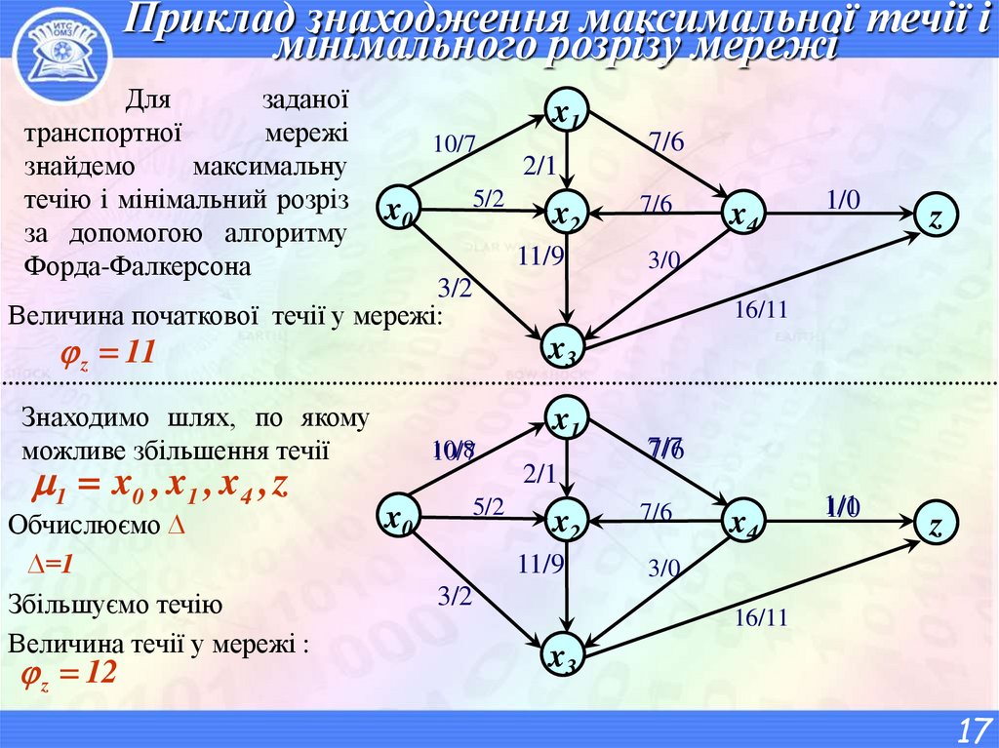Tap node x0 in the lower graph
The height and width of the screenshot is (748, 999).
397,521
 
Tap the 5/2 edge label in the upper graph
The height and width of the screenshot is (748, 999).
488,199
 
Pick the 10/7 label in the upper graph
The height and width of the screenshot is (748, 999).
454,145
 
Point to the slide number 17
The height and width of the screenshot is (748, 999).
971,728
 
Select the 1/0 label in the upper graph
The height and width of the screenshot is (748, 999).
842,200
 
